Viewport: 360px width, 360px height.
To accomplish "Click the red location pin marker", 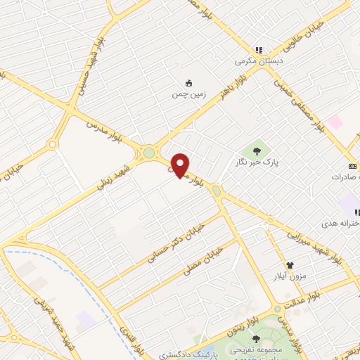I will [x=180, y=165].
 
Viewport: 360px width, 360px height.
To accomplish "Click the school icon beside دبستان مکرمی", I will [x=259, y=50].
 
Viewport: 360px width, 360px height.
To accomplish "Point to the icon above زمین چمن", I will [x=188, y=82].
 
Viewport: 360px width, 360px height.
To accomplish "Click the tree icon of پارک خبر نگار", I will [x=257, y=150].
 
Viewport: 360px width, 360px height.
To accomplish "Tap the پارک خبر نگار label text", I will [x=257, y=162].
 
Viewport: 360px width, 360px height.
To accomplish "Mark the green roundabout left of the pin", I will [x=148, y=153].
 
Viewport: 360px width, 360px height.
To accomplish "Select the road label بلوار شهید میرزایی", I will [x=316, y=241].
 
